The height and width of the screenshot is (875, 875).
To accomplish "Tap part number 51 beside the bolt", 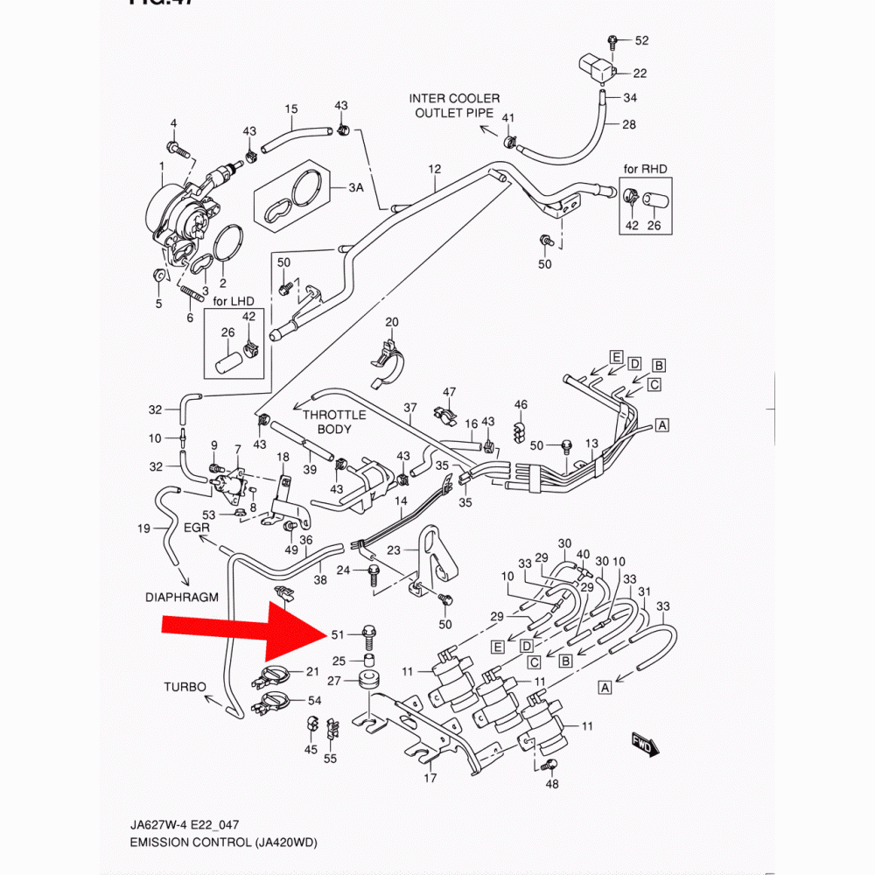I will pos(338,635).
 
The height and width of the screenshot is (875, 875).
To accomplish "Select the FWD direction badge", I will pos(644,744).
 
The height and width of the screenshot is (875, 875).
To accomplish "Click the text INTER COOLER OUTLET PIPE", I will pos(454,106).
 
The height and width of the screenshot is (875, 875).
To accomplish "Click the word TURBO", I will pos(185,687).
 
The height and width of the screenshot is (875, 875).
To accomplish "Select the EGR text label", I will pos(198,528).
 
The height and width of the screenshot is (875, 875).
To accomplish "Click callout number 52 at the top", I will pos(642,41).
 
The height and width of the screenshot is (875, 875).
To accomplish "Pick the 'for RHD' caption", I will pos(645,168).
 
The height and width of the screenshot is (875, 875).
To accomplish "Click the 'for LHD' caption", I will pos(232,301).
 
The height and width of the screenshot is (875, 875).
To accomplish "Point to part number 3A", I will pos(355,188).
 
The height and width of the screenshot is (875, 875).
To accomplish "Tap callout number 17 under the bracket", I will pos(430,778).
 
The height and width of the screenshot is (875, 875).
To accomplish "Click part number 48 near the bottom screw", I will pos(552,784).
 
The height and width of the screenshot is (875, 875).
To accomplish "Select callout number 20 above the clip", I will pos(391,322).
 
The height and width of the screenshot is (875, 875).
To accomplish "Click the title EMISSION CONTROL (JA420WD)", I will pos(222,843).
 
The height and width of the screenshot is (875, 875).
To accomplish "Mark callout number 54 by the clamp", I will pos(314,701).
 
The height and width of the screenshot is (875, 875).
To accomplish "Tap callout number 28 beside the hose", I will pos(629,124).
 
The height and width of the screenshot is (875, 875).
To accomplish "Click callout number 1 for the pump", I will pos(162,166).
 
